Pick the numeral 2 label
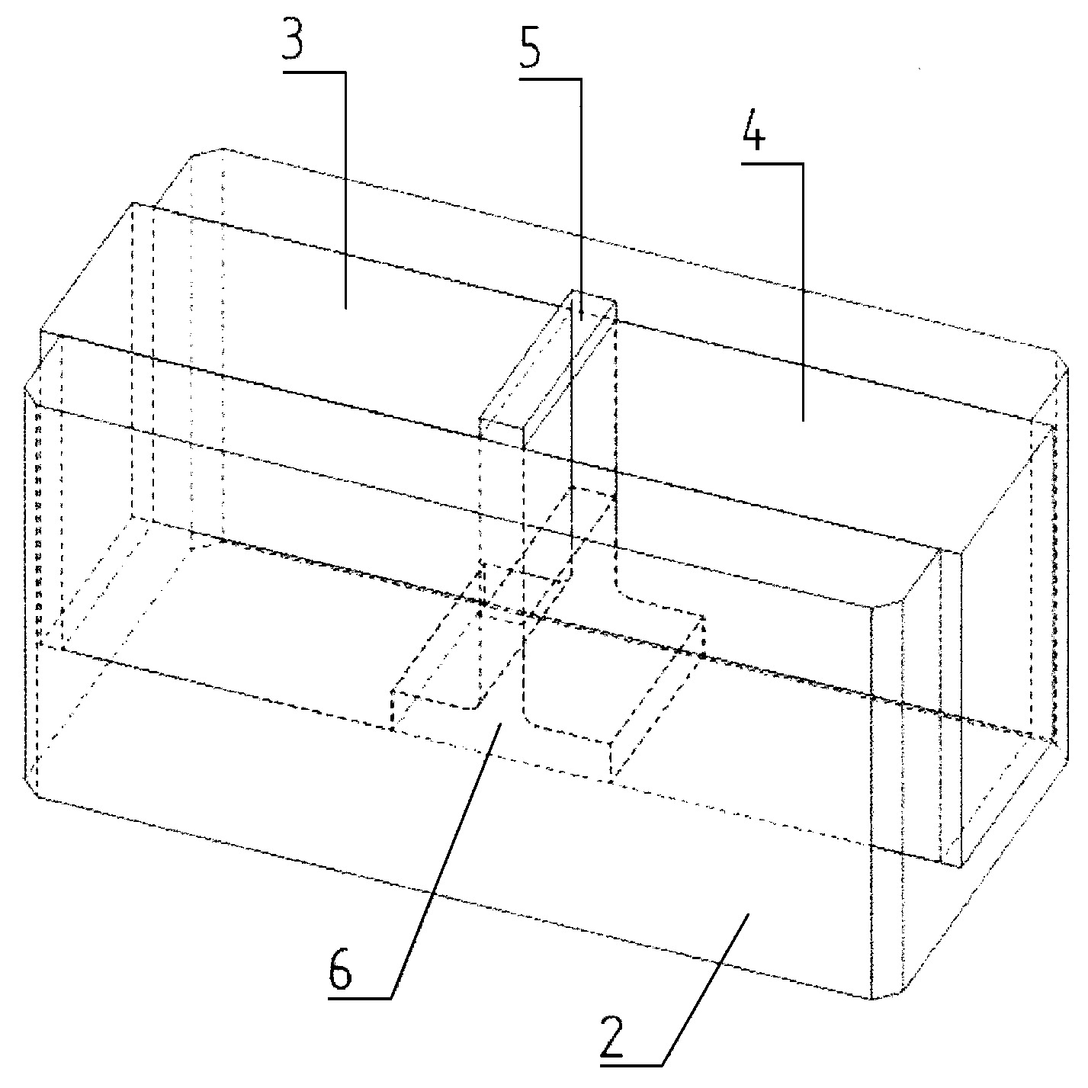click(611, 1037)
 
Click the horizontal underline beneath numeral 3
click(314, 72)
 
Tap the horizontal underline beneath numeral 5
click(550, 79)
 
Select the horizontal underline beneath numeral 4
click(772, 164)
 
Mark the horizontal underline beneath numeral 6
click(360, 999)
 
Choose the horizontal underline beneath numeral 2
click(631, 1065)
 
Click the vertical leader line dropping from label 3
click(345, 191)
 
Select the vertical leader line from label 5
click(581, 199)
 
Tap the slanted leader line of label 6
click(446, 861)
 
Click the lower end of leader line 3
click(345, 308)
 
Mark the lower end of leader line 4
click(802, 420)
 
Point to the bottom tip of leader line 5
click(581, 319)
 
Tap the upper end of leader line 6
click(500, 724)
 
